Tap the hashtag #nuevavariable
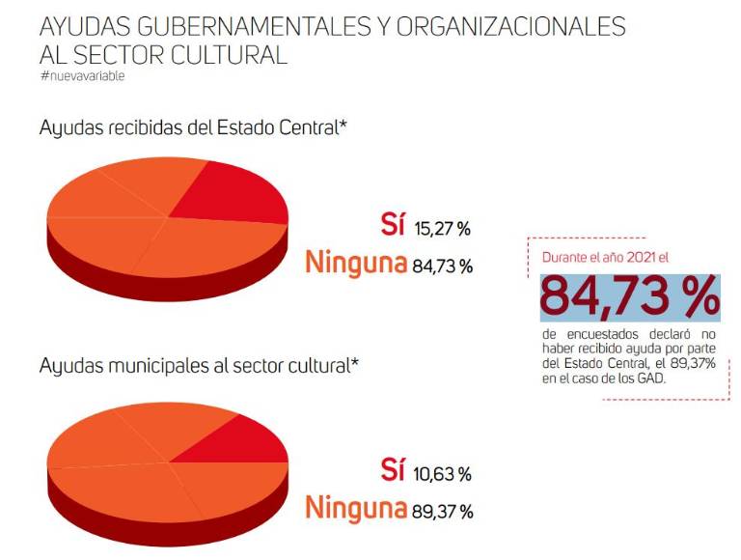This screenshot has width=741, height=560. (x=83, y=75)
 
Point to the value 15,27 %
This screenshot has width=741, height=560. (x=442, y=229)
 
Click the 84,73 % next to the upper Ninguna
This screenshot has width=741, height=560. (x=442, y=266)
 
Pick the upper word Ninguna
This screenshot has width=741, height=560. (x=355, y=263)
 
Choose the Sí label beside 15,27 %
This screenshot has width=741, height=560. (x=393, y=226)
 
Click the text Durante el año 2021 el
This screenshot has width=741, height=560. (x=604, y=258)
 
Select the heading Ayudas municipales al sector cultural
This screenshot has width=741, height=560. (x=199, y=366)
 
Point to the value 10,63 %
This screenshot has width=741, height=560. (x=442, y=474)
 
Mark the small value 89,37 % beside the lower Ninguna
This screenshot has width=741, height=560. (x=442, y=511)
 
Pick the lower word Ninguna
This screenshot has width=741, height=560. (x=355, y=508)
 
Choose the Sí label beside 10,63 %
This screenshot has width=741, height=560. (x=393, y=471)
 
